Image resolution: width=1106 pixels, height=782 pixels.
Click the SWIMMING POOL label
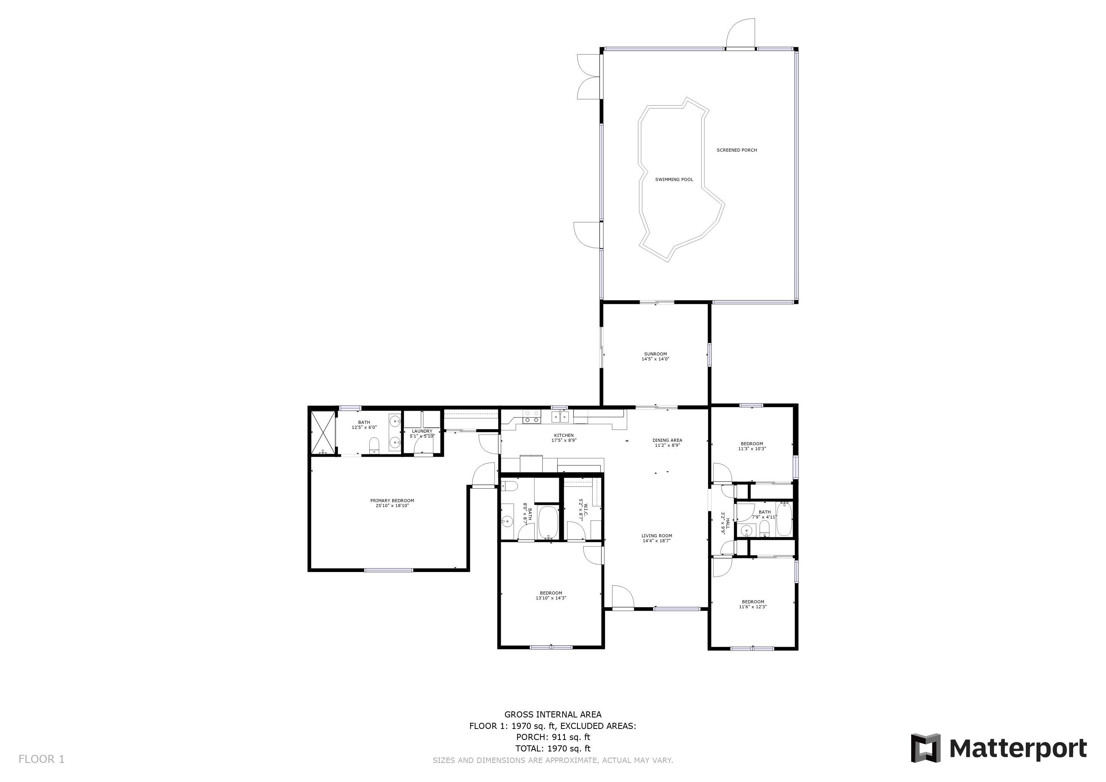(x=674, y=179)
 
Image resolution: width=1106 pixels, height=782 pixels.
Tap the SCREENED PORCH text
(x=737, y=150)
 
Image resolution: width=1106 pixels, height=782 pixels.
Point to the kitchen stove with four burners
(x=532, y=417)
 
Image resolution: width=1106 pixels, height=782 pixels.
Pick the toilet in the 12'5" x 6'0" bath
(x=374, y=446)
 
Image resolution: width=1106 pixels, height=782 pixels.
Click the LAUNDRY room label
(x=422, y=431)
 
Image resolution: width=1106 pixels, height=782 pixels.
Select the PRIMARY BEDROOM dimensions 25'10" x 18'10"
(x=392, y=506)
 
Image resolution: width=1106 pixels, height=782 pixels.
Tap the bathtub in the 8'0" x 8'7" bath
(x=548, y=522)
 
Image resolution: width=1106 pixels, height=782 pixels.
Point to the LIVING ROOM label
(x=656, y=535)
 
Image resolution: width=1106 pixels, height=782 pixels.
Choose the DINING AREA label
(x=667, y=440)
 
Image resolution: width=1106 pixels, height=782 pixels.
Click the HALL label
(x=728, y=523)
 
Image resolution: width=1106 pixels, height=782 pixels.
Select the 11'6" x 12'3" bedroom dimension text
(x=753, y=607)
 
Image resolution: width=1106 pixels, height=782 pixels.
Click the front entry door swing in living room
(x=623, y=598)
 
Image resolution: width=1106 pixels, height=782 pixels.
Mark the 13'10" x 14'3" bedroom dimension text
(x=551, y=598)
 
